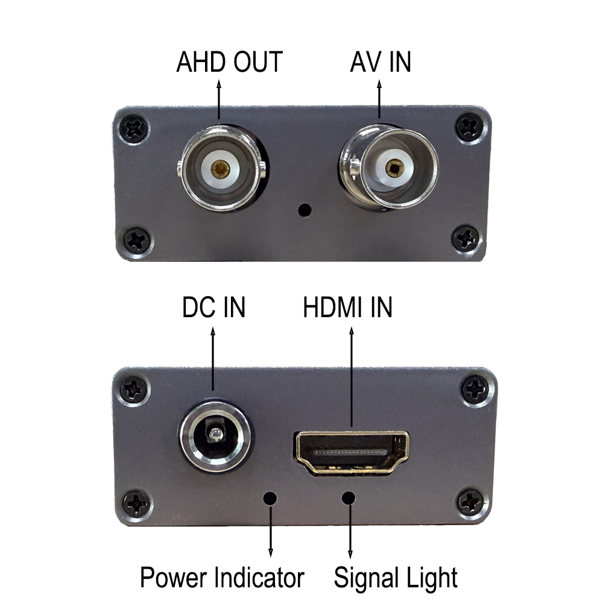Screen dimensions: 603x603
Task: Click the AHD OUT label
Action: (229, 62)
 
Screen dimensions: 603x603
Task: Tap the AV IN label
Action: (380, 62)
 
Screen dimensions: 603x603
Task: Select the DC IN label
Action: (214, 308)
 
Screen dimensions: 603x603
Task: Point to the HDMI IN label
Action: (347, 308)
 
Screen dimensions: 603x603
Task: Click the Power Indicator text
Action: (222, 578)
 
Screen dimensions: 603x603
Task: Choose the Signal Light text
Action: (396, 578)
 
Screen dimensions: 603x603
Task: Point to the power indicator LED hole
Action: (271, 499)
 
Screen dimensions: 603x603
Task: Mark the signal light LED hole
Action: (349, 499)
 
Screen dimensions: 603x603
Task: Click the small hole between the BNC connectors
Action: (305, 210)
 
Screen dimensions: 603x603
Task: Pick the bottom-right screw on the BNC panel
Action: (467, 239)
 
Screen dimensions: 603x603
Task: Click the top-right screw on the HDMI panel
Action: (476, 388)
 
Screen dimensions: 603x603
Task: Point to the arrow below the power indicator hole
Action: (271, 534)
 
